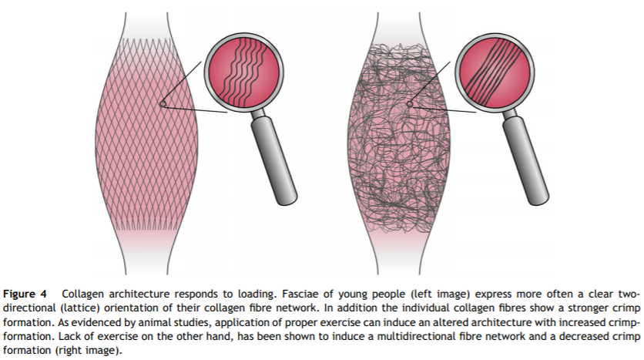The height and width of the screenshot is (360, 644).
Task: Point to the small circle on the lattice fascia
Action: pos(163,104)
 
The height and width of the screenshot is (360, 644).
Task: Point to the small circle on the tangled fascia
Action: pos(410,104)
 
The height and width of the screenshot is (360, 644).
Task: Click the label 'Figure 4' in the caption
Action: pos(29,295)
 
